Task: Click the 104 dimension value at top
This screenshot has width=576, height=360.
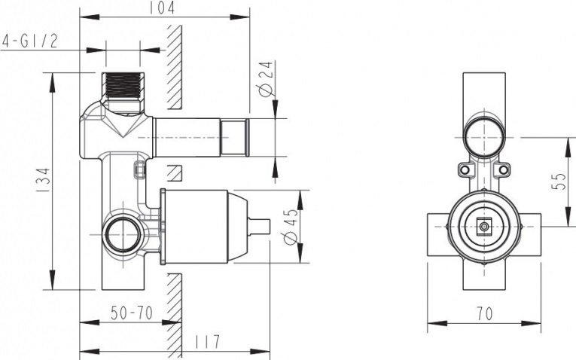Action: (162, 8)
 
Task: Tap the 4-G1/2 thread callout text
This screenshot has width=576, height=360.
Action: (30, 41)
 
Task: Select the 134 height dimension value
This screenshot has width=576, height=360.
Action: (44, 180)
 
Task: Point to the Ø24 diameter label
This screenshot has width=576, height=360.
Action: (266, 78)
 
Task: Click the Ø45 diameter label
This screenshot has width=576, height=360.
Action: (290, 227)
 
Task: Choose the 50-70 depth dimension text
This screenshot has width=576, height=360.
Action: (132, 313)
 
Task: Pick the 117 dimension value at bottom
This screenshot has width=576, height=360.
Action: (208, 342)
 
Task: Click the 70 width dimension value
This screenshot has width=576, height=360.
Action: (485, 314)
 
